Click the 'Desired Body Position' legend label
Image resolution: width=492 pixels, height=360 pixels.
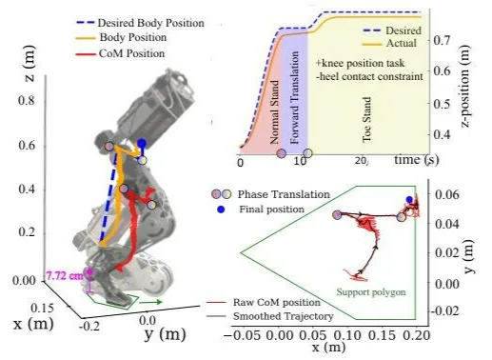tap(150, 23)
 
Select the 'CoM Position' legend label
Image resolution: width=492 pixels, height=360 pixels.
tap(131, 53)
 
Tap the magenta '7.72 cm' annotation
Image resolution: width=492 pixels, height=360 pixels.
tap(65, 275)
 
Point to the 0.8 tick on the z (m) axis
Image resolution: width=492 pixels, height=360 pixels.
tap(28, 101)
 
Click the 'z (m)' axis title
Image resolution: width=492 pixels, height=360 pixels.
tap(30, 64)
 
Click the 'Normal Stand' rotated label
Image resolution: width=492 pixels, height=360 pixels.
tap(275, 112)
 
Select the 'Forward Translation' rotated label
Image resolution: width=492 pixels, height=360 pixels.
tap(295, 97)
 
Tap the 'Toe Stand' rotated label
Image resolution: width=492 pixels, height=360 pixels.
tap(366, 119)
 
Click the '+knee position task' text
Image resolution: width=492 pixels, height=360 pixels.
tap(360, 63)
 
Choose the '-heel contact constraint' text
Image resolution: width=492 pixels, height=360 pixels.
tap(369, 76)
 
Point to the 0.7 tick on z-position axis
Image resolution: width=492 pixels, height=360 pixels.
tap(442, 40)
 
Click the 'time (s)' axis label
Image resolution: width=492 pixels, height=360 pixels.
tap(417, 159)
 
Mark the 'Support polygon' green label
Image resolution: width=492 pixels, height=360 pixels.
tap(371, 291)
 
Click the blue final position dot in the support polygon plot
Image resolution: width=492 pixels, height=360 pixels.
tap(409, 200)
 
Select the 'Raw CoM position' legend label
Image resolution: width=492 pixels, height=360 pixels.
tap(277, 302)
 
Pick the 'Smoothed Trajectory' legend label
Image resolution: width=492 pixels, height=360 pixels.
tap(284, 316)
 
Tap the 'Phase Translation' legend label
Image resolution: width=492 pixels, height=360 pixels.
tap(284, 194)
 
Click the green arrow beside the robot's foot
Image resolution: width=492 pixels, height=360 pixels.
tap(150, 302)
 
